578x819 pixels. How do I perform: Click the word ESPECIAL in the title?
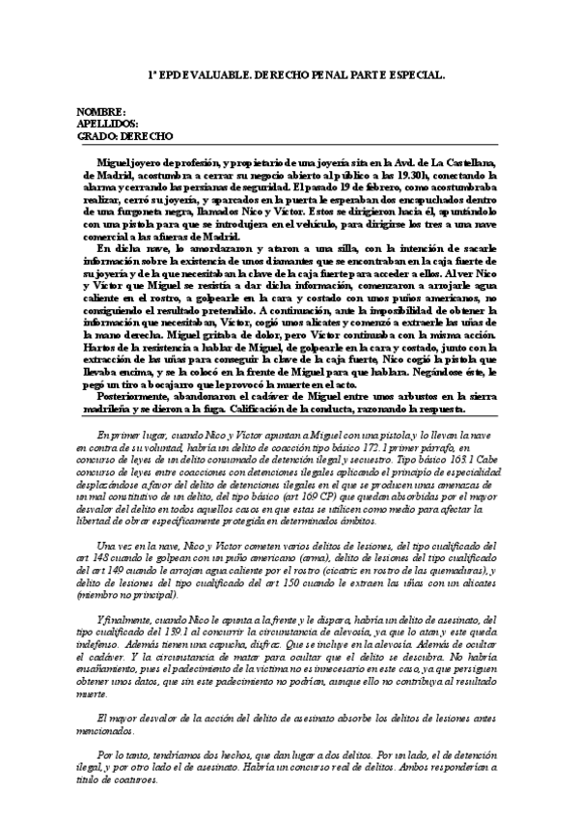412,74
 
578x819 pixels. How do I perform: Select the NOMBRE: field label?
100,113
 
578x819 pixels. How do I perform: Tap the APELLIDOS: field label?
107,125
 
